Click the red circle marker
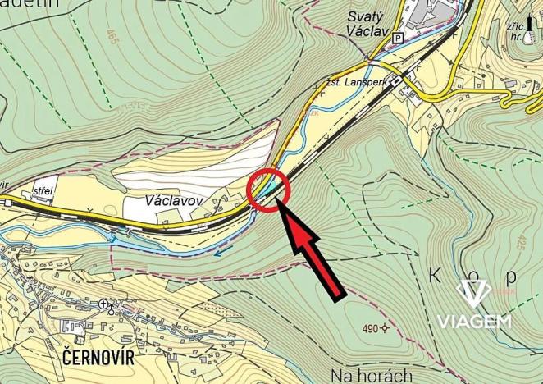[269, 190]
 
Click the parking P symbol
[399, 38]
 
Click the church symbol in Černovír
[104, 304]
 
